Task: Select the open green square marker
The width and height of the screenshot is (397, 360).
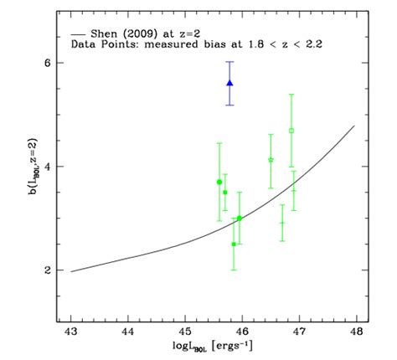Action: point(291,131)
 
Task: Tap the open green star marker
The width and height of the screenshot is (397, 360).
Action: point(271,159)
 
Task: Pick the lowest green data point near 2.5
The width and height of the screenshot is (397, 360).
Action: point(234,244)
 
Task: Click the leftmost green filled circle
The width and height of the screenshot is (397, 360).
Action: point(219,182)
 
